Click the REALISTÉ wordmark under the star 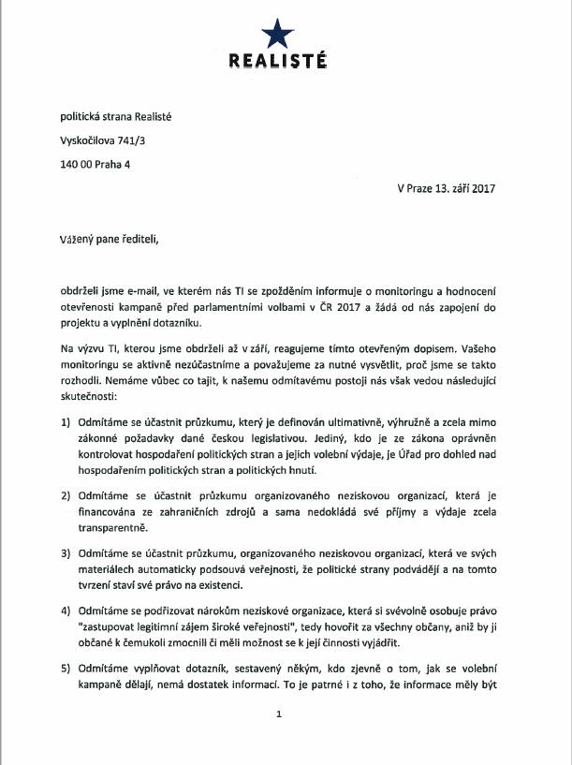coord(277,62)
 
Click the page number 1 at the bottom coord(278,741)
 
